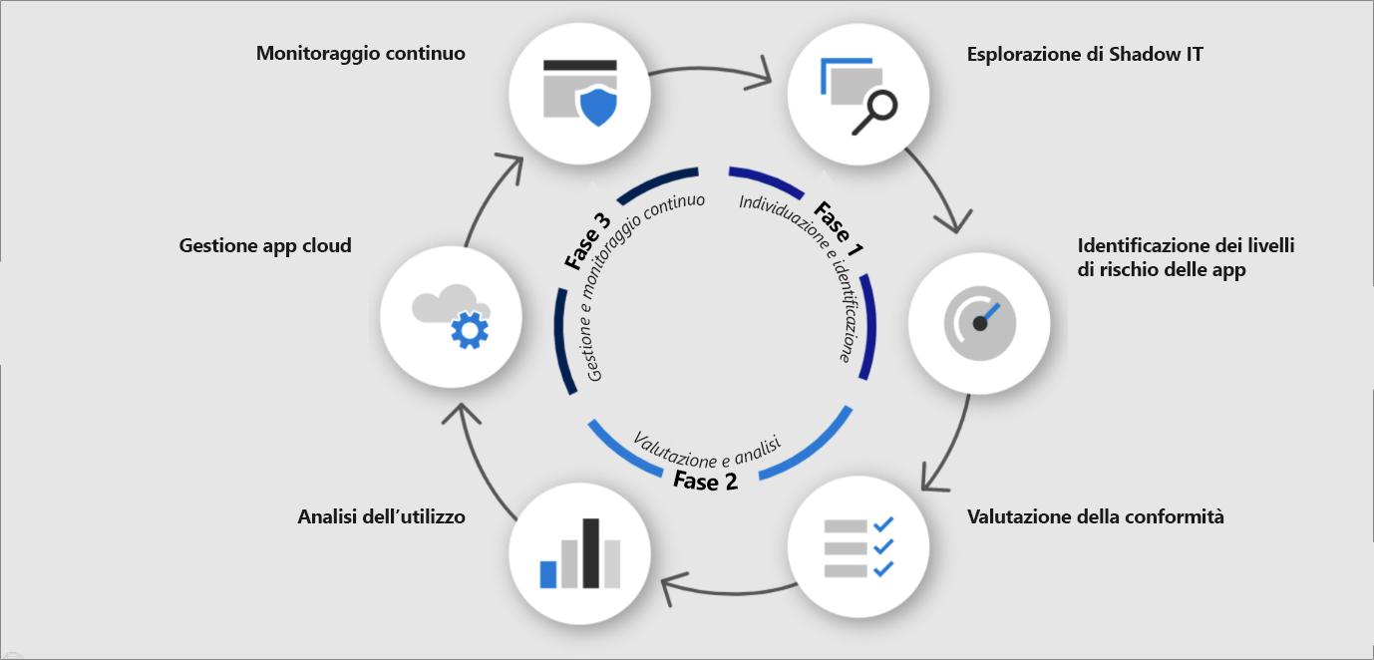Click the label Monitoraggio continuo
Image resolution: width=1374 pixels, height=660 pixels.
tap(360, 53)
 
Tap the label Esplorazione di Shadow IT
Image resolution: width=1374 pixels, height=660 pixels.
tap(1085, 54)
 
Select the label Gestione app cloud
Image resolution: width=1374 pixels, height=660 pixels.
tap(265, 245)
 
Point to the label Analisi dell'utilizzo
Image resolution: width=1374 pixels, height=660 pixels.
tap(381, 516)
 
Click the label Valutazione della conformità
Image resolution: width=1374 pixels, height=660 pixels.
tap(1095, 516)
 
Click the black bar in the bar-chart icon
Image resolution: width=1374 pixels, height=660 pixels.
tap(590, 552)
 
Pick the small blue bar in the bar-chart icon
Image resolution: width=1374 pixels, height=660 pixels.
tap(547, 573)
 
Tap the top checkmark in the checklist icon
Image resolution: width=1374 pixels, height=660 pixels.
tap(882, 524)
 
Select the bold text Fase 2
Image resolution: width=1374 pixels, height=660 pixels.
tap(705, 481)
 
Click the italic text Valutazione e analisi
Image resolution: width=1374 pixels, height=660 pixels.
tap(706, 450)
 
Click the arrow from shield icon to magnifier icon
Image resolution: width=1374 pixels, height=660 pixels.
tap(718, 72)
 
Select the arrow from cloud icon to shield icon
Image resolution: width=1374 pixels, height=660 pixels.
tap(489, 199)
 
